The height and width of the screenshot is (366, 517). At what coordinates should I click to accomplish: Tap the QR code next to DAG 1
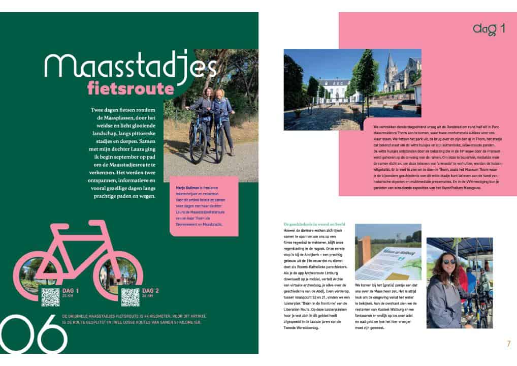50,297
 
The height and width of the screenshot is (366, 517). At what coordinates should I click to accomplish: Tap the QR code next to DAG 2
131,297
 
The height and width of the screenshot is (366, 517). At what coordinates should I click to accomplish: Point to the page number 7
508,343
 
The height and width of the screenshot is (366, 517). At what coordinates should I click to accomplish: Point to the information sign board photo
387,252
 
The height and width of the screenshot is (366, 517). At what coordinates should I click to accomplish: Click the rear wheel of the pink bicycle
40,271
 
